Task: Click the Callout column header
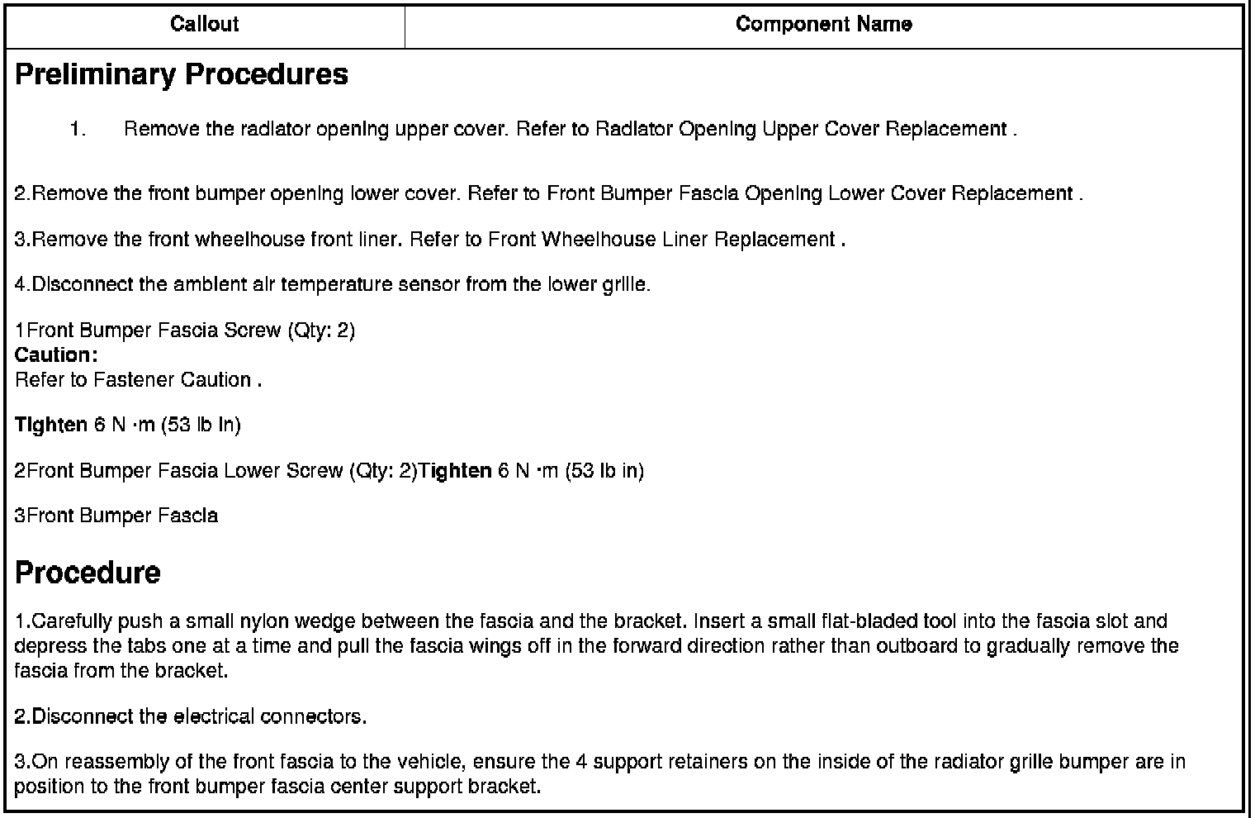point(204,24)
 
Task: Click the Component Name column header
point(823,24)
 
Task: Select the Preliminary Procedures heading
point(182,74)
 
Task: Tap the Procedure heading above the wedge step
point(88,573)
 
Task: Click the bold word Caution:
point(56,355)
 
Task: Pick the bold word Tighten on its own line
point(50,426)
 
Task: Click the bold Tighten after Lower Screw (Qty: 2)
point(455,471)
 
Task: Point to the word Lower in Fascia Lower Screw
point(251,471)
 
